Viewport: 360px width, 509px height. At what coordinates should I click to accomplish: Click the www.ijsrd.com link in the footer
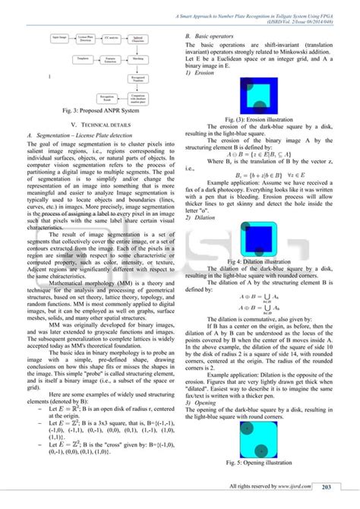tap(297, 487)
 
